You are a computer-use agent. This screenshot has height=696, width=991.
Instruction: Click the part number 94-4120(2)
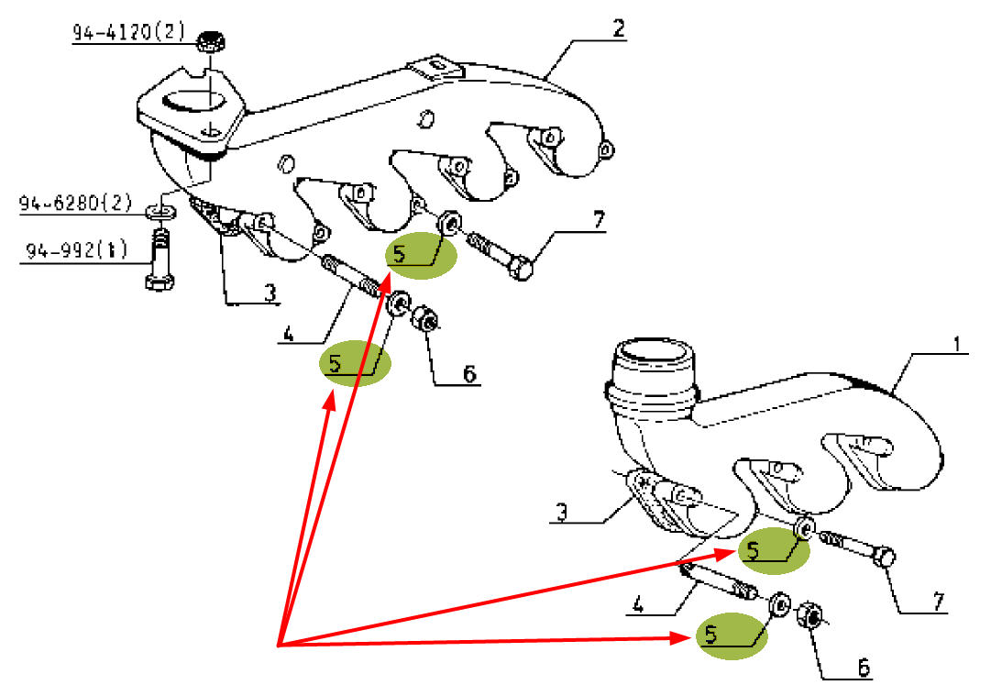point(129,34)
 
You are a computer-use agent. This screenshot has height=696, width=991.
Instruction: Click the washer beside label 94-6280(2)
point(161,214)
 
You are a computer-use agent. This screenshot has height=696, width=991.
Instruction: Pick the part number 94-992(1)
point(76,249)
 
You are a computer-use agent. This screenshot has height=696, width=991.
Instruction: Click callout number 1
point(955,345)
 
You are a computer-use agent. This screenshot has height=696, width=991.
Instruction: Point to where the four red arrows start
point(279,645)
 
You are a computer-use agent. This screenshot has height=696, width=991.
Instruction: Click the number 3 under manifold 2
point(270,293)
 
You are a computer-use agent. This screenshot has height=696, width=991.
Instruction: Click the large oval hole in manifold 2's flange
point(195,104)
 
